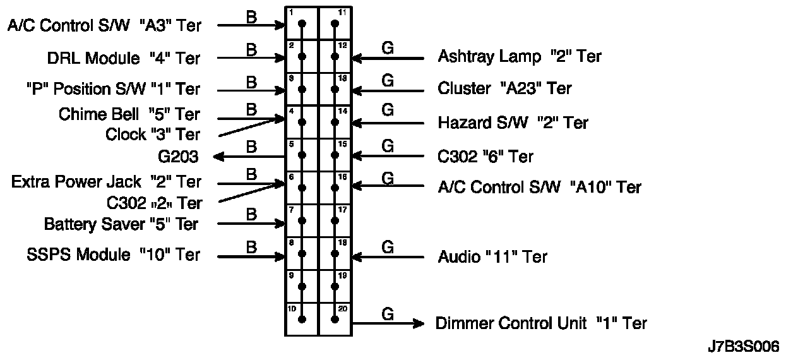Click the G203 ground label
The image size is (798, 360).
tap(178, 157)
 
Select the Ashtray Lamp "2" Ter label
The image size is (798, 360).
tap(519, 57)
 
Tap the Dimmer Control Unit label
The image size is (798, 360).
tap(541, 323)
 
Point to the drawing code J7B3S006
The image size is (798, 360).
tap(743, 346)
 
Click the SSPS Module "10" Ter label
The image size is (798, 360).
tap(114, 255)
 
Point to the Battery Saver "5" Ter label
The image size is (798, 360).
tap(121, 224)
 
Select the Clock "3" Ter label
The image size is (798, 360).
tap(153, 135)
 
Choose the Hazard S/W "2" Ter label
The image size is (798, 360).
tap(513, 123)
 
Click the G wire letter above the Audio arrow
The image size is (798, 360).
tap(388, 246)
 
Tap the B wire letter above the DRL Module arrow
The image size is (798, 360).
tap(251, 49)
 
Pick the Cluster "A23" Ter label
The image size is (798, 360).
tap(504, 89)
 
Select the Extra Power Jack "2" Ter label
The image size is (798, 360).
tap(107, 183)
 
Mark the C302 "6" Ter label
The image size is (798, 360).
tap(485, 157)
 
